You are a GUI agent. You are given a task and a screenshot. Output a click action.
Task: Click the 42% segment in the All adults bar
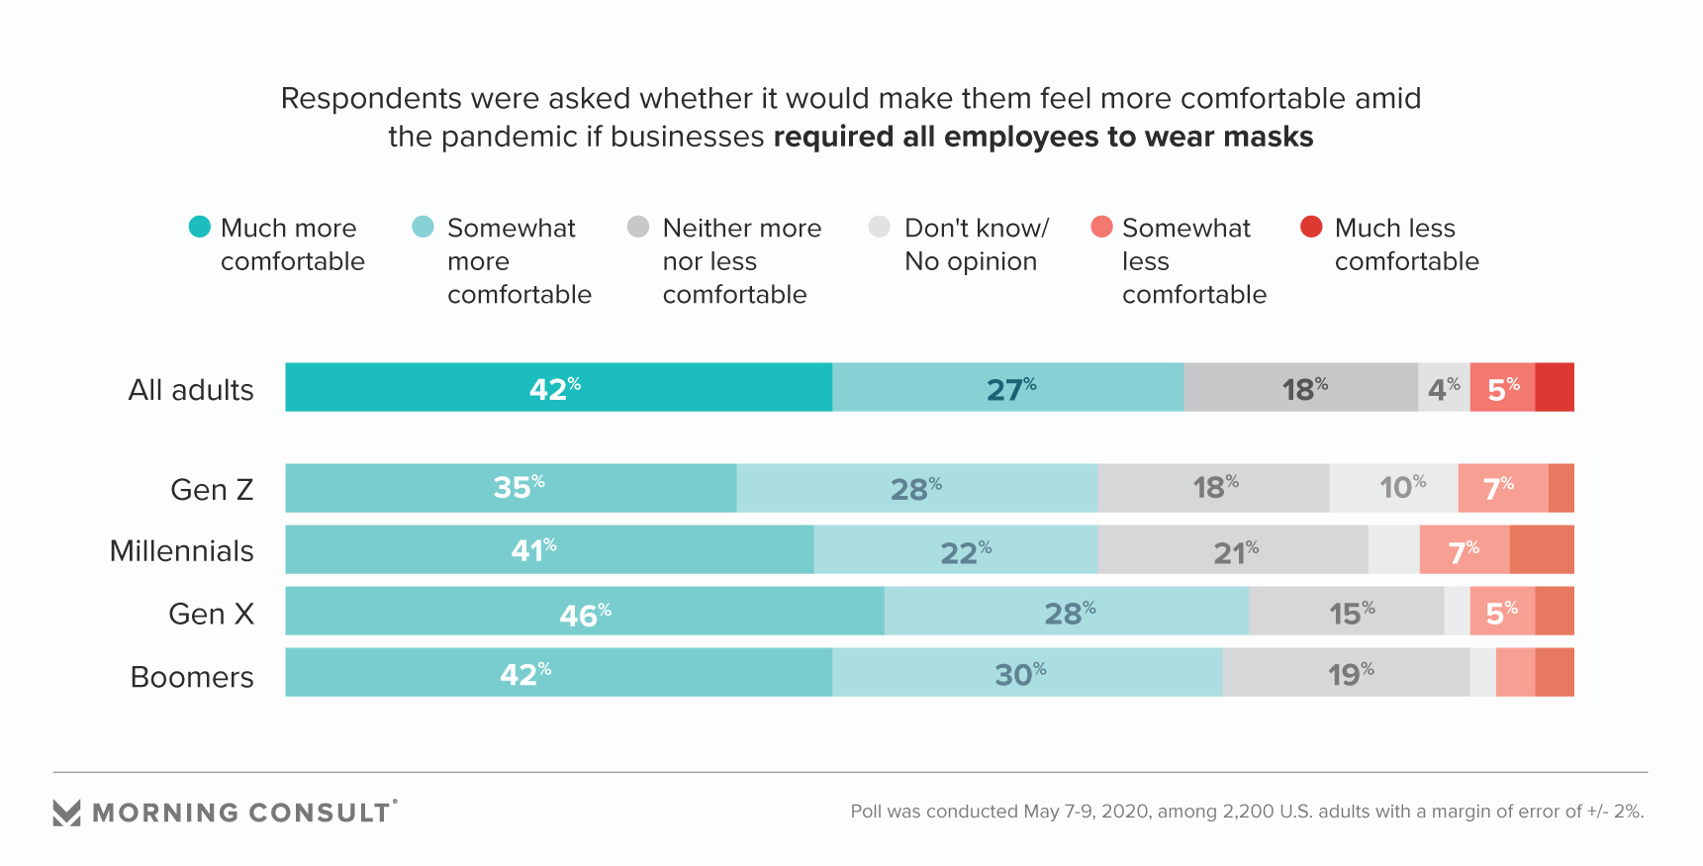coord(558,387)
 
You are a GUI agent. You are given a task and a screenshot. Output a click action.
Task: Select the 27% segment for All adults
coord(1007,387)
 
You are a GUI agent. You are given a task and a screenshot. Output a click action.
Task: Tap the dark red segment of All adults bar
coord(1555,387)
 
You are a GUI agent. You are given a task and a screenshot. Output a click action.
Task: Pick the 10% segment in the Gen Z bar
coord(1393,488)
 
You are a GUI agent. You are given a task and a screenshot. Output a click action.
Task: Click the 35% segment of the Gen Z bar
coord(511,488)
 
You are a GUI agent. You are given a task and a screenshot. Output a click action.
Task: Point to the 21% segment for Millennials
coord(1232,549)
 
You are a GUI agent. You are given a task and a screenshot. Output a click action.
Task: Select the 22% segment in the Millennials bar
coord(956,549)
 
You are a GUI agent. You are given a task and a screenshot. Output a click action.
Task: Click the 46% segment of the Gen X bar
coord(584,611)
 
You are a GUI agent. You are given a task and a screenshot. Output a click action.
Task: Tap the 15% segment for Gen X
coord(1346,611)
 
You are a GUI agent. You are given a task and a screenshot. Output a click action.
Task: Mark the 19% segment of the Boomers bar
coord(1346,672)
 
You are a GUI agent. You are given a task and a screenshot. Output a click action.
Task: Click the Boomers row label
coord(192,677)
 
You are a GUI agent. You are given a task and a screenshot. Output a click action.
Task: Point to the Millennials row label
coord(182,551)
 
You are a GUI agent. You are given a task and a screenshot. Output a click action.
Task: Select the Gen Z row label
coord(212,490)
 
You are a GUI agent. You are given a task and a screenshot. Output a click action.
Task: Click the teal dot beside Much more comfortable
coord(200,227)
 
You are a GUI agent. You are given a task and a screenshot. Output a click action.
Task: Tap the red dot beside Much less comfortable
coord(1311,227)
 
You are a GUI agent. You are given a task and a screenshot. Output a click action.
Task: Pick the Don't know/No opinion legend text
coord(976,244)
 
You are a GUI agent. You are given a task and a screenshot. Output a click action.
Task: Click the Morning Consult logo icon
coord(66,813)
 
